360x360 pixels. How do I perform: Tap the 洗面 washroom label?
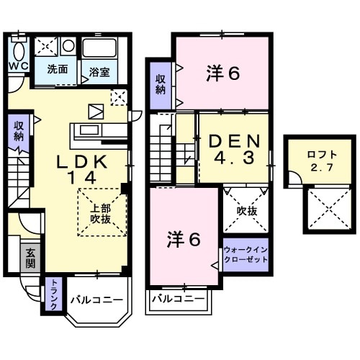pyautogui.click(x=58, y=70)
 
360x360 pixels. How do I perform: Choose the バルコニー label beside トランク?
pyautogui.click(x=97, y=300)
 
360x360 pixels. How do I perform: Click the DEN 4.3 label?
pyautogui.click(x=233, y=149)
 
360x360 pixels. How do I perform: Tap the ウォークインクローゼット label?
pyautogui.click(x=245, y=254)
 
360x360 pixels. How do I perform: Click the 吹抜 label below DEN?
pyautogui.click(x=247, y=211)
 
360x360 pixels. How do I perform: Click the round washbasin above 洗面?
pyautogui.click(x=68, y=45)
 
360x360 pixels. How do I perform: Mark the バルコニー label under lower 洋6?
pyautogui.click(x=177, y=297)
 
